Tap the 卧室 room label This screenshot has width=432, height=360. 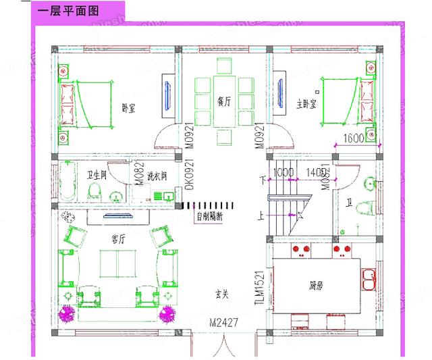click(127, 107)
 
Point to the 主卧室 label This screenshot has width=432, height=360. click(308, 104)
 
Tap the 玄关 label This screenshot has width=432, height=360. click(223, 294)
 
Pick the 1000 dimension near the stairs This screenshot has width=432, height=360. click(284, 173)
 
